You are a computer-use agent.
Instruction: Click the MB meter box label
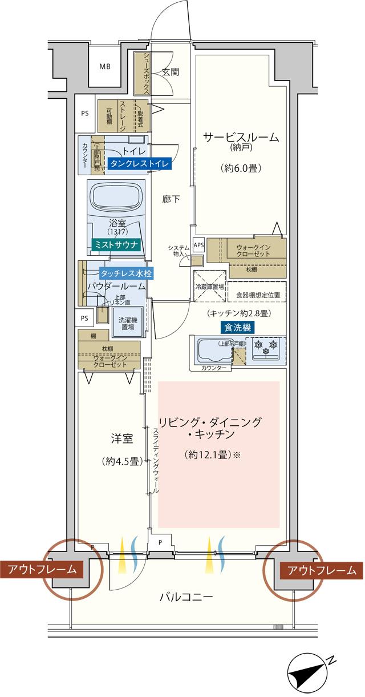[x=106, y=67]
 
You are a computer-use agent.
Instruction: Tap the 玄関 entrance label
[x=170, y=72]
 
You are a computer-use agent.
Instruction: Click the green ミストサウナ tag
[x=116, y=244]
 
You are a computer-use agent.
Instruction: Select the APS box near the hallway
[x=198, y=245]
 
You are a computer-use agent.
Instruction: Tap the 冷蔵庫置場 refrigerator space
[x=209, y=287]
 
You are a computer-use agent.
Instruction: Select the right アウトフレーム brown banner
[x=322, y=569]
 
